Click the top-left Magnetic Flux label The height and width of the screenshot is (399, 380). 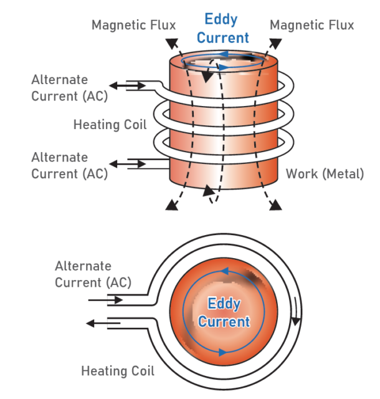click(x=133, y=25)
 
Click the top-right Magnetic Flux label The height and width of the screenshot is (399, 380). click(x=312, y=25)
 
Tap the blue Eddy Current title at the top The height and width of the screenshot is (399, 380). click(x=222, y=29)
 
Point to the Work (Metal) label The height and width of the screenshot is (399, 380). click(x=325, y=174)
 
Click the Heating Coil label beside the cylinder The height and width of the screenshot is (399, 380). click(x=110, y=124)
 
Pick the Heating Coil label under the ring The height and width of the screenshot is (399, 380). click(x=118, y=371)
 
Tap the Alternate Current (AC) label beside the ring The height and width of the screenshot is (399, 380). click(x=93, y=274)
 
